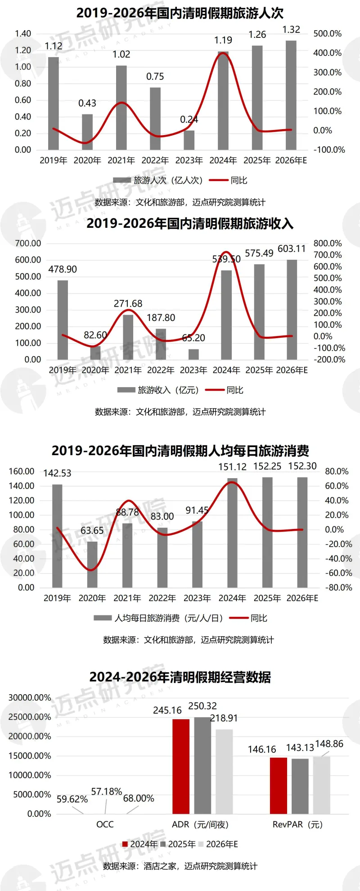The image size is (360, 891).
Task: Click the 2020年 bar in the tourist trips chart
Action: (87, 132)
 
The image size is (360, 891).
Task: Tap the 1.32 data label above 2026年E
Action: (291, 30)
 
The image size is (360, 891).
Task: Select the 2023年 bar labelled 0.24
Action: (189, 140)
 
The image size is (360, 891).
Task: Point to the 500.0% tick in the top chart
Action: (327, 34)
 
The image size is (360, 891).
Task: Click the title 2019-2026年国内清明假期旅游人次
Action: (180, 13)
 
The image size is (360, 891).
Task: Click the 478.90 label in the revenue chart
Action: (63, 269)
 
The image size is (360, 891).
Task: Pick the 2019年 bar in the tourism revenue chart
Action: (63, 320)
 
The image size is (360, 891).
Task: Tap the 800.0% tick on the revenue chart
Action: (327, 244)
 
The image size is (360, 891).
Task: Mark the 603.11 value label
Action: (292, 249)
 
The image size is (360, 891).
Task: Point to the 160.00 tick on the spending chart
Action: (22, 471)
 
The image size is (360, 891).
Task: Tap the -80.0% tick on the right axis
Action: (338, 588)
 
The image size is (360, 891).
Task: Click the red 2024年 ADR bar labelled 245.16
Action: (181, 766)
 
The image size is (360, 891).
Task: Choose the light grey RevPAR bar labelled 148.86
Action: (321, 785)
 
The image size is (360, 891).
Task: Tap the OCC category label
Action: (105, 824)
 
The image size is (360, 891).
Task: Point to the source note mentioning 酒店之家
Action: (180, 866)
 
